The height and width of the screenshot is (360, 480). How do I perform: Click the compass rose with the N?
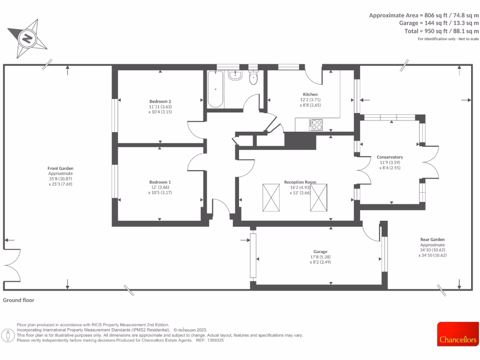click(x=28, y=37)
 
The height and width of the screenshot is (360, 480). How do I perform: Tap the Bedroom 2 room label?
click(x=160, y=101)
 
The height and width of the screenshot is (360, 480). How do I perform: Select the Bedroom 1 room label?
click(x=160, y=182)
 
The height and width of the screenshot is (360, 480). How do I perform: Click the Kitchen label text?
click(x=310, y=94)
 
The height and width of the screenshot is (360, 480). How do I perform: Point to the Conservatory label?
click(x=390, y=157)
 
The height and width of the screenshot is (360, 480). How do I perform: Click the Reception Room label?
click(x=300, y=182)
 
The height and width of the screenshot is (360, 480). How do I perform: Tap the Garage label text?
click(x=320, y=252)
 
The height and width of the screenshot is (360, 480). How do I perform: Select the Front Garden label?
click(x=60, y=168)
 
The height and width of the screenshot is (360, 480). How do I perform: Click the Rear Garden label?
click(x=432, y=240)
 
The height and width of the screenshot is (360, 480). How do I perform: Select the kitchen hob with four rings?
click(x=316, y=125)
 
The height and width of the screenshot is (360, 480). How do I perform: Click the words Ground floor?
click(x=19, y=300)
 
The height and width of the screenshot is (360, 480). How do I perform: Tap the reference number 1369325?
click(x=216, y=340)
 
